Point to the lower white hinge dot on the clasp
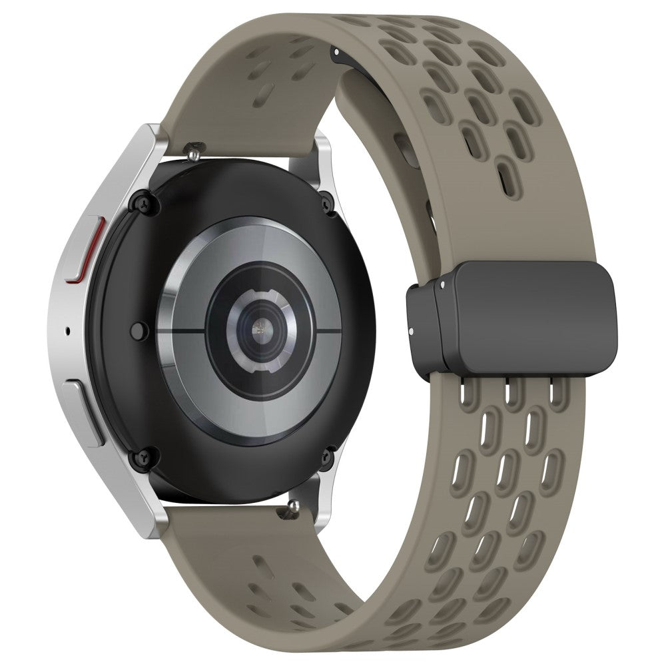(x=412, y=331)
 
